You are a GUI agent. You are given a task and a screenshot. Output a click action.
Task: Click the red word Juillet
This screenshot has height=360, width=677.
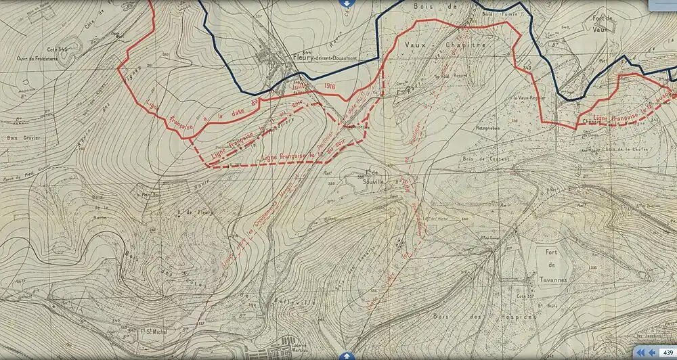[x=300, y=87]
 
